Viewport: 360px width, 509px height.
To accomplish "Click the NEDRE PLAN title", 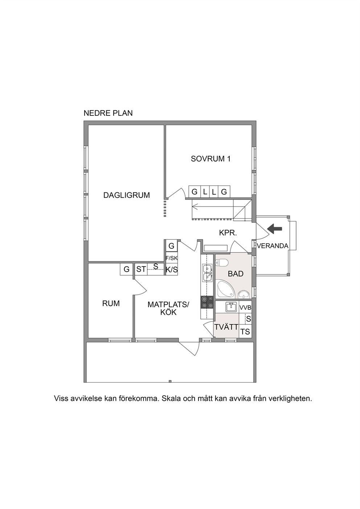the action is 108,113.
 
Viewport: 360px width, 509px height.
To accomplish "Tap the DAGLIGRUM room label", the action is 127,195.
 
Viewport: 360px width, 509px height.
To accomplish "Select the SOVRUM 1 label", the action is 211,159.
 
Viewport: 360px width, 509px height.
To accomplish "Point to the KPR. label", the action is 228,233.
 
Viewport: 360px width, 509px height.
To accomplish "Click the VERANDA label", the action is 273,246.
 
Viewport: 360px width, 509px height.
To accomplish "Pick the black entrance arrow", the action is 275,229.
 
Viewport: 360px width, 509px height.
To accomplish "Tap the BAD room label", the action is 236,274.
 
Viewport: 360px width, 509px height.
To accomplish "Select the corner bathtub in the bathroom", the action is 225,290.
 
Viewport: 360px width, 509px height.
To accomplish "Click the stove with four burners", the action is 207,303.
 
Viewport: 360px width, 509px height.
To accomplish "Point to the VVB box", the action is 245,308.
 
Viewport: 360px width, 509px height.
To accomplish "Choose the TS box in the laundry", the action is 245,332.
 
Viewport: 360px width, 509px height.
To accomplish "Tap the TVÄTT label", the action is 226,327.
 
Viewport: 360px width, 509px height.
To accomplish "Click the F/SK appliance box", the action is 172,258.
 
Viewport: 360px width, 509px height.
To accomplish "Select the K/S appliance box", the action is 172,270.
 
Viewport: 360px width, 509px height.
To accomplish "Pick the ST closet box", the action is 141,269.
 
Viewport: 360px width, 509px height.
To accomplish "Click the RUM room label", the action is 111,304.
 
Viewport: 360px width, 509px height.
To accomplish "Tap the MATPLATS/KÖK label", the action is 168,308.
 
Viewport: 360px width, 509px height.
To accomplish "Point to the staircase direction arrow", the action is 213,207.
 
